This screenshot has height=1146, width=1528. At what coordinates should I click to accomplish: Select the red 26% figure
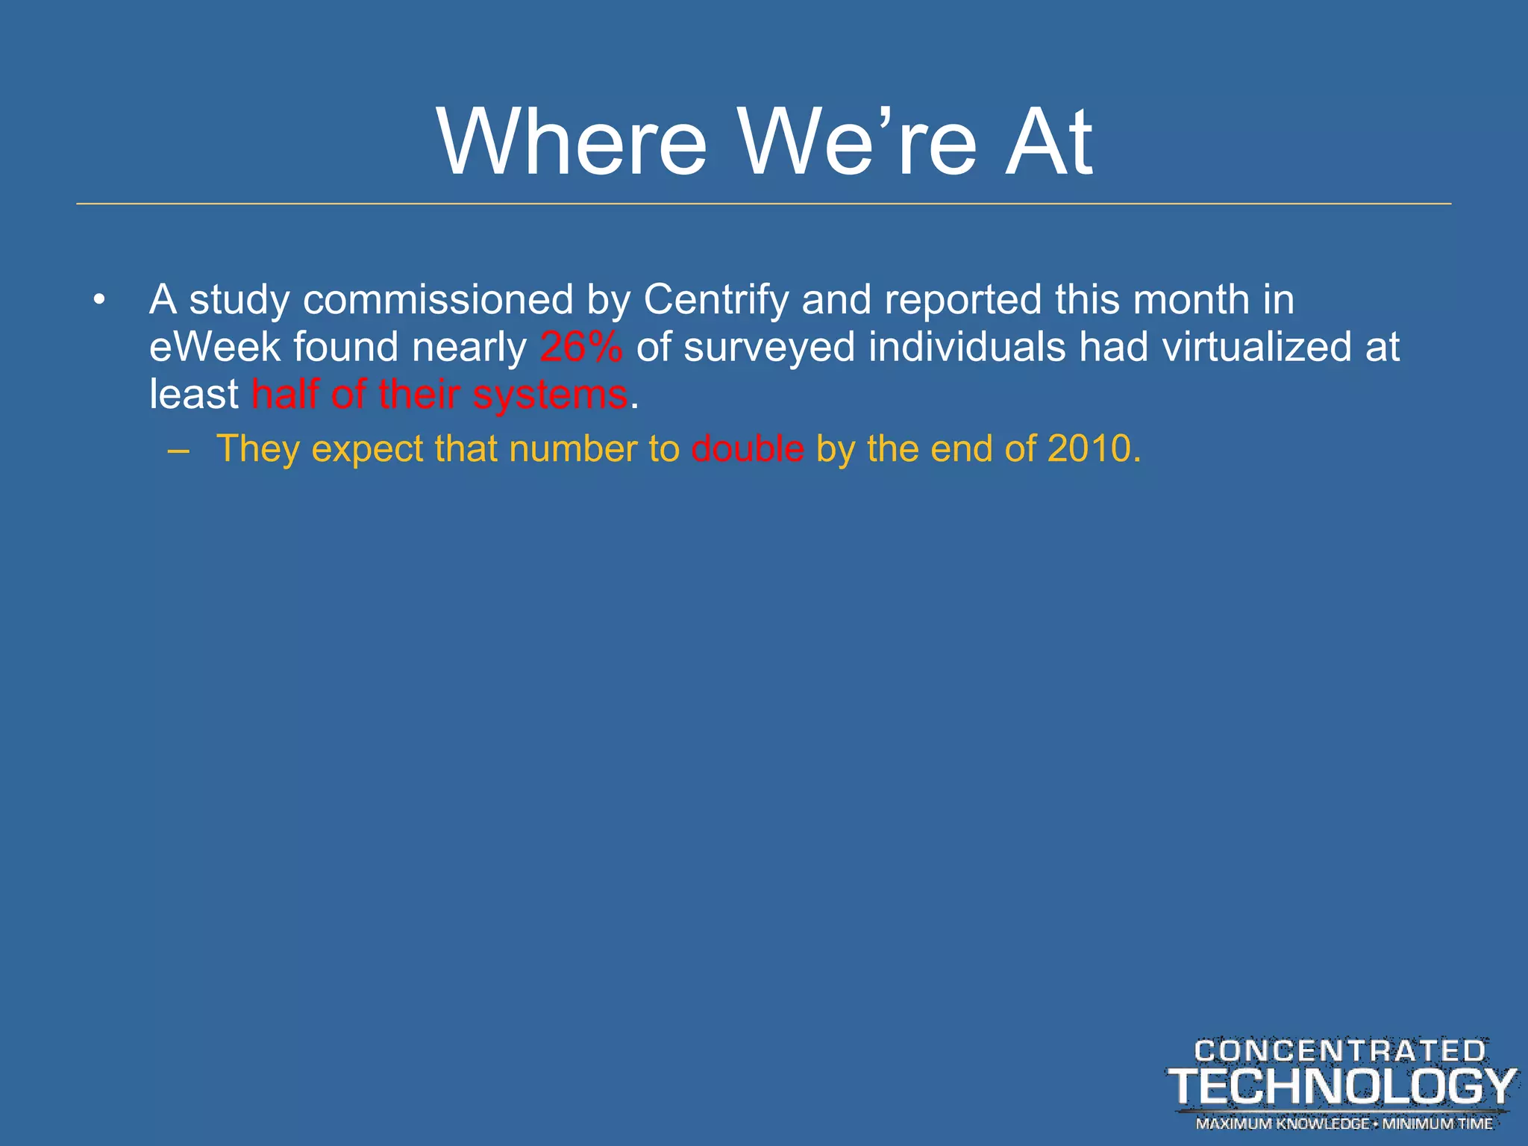[580, 347]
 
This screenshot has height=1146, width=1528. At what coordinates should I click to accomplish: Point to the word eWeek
[213, 347]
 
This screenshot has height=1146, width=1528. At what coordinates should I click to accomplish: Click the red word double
[748, 448]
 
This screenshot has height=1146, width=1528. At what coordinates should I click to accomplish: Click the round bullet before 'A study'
[99, 301]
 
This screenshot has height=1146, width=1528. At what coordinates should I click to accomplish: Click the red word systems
[550, 395]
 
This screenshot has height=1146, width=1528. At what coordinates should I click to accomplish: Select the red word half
[285, 394]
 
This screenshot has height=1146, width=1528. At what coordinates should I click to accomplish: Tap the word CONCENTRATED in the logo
[1340, 1051]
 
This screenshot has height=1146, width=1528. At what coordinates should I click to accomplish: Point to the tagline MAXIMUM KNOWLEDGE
[1282, 1124]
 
